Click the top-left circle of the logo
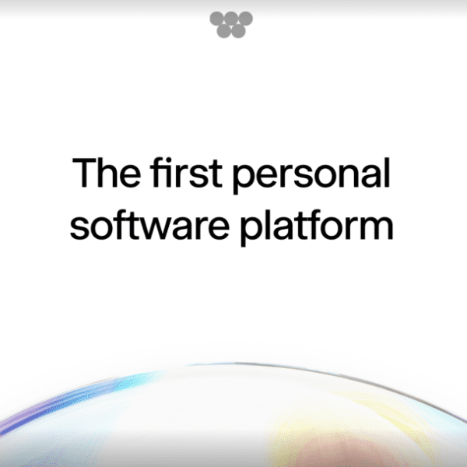(216, 19)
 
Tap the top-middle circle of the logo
(230, 19)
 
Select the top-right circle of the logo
(244, 19)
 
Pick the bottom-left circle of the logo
(223, 30)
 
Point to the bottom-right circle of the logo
(237, 30)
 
